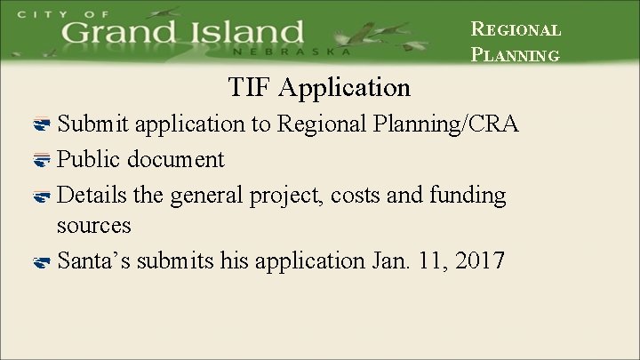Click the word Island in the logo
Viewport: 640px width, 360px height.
coord(247,35)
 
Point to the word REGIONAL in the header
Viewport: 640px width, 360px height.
coord(516,29)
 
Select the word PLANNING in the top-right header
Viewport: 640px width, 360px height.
coord(516,55)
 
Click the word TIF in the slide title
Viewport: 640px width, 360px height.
coord(248,88)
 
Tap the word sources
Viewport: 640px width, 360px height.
coord(93,226)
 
